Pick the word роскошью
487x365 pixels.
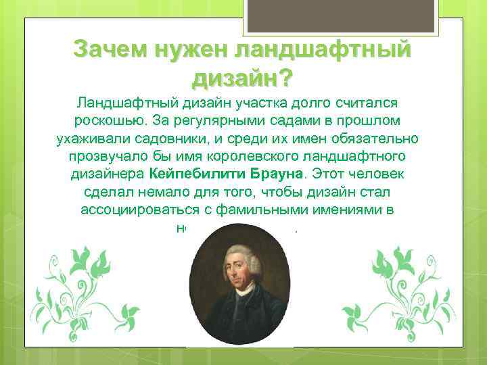point(109,120)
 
